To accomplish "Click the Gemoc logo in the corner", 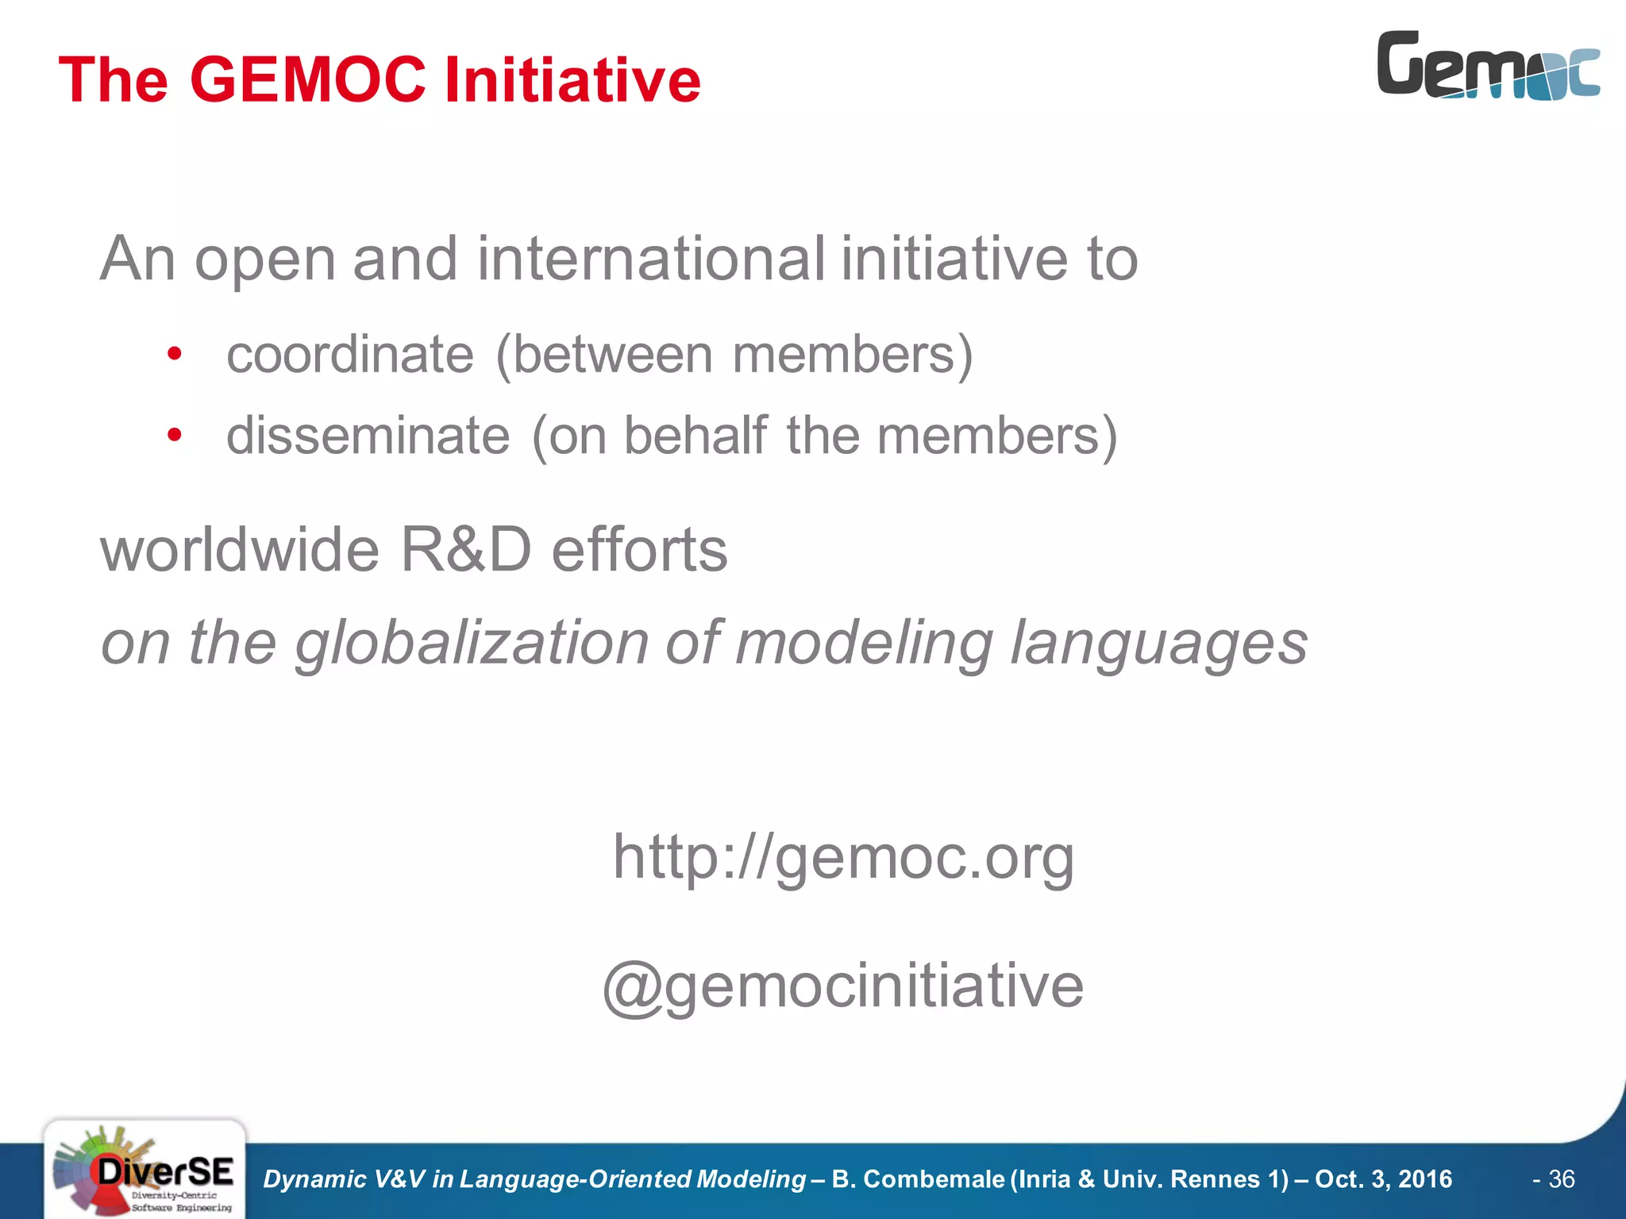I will pos(1488,66).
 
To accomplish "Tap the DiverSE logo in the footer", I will pos(144,1169).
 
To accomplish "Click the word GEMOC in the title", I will pos(308,80).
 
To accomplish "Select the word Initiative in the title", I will pos(572,80).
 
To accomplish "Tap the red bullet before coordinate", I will pos(175,354).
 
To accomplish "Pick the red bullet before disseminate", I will pos(175,435).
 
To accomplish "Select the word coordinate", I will pos(350,355).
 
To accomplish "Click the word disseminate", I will pos(368,436).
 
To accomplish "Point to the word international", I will pos(650,259).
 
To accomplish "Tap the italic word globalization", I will pos(472,643).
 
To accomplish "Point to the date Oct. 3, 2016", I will pos(1383,1179).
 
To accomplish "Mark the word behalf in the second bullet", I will pos(695,435).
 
